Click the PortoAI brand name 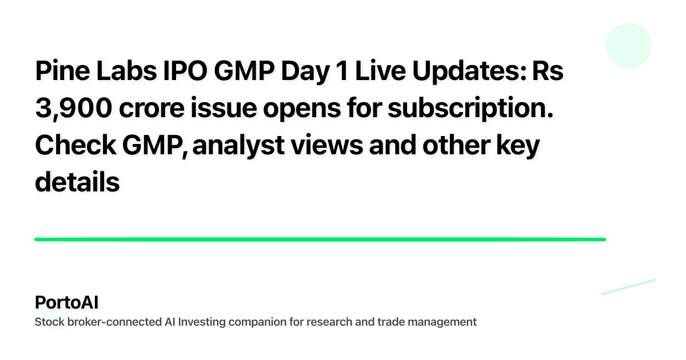[x=66, y=302]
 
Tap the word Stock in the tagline [x=48, y=322]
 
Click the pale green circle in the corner [x=628, y=46]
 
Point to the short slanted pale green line [x=628, y=286]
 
